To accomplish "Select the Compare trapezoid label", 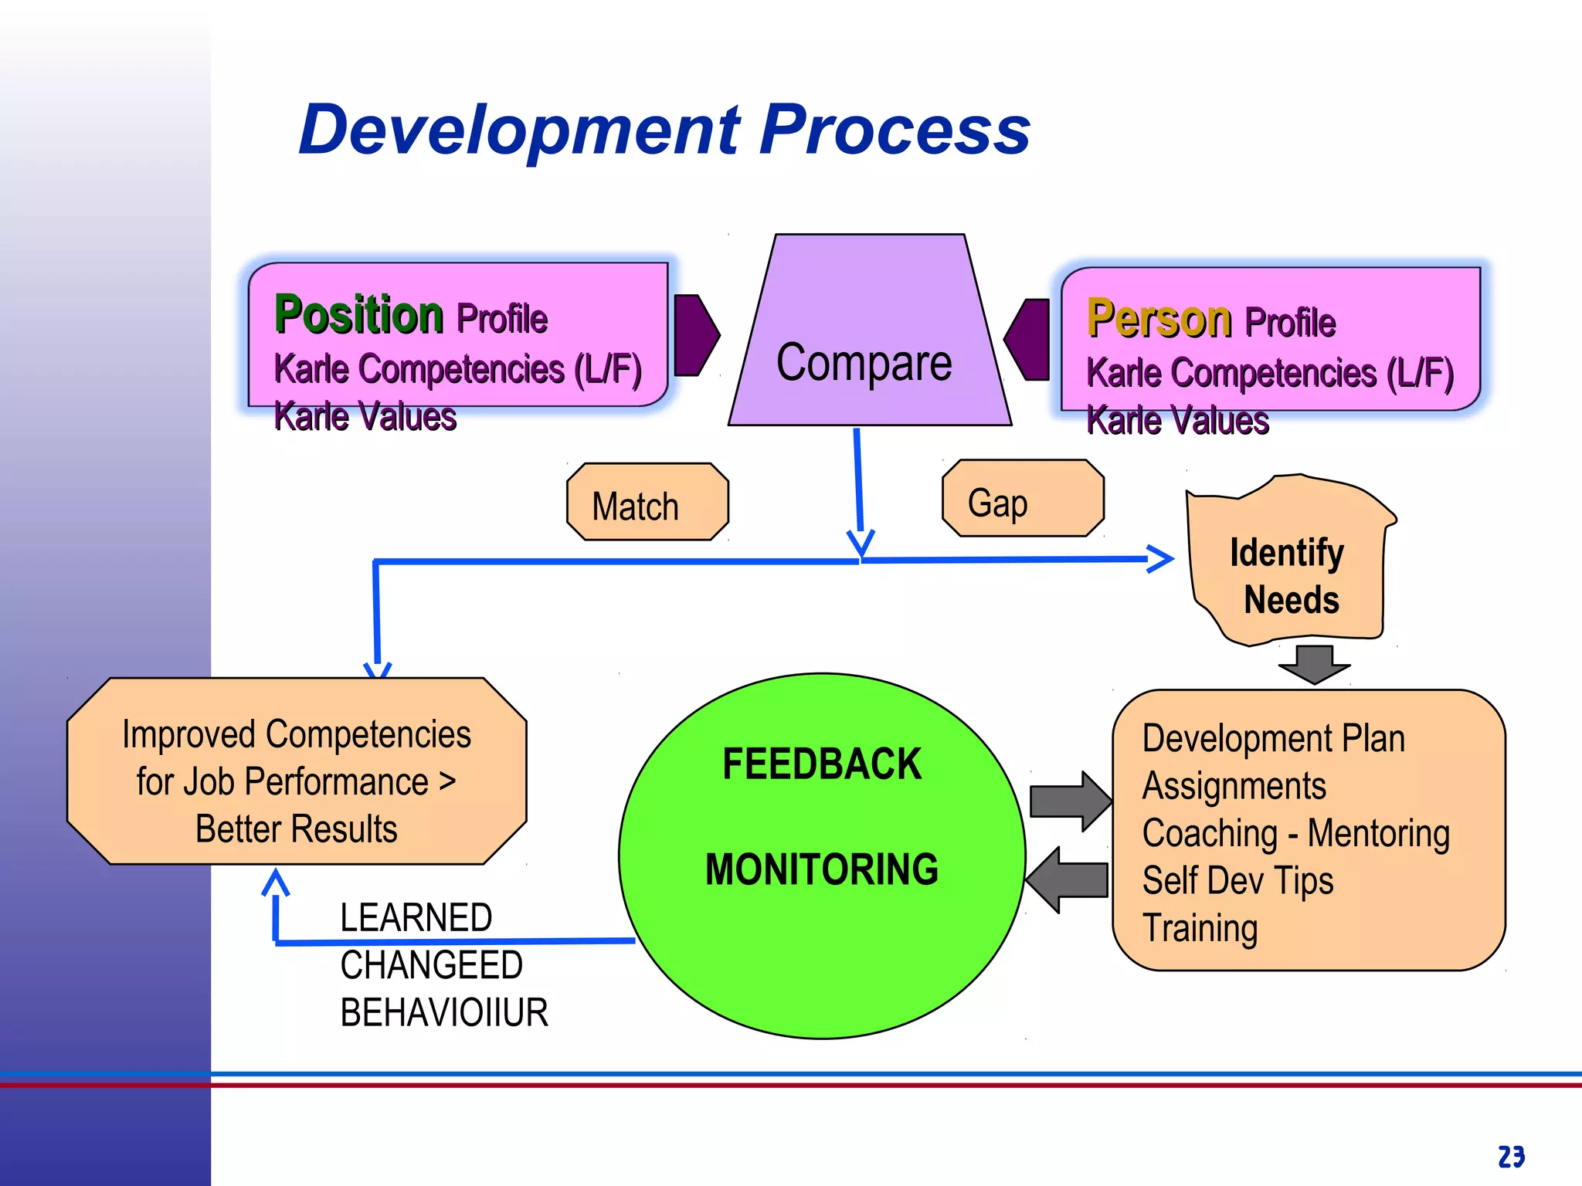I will pyautogui.click(x=864, y=362).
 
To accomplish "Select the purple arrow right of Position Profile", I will pyautogui.click(x=695, y=335).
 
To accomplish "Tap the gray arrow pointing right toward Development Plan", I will pyautogui.click(x=1070, y=801).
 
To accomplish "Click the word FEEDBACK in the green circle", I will pyautogui.click(x=822, y=764).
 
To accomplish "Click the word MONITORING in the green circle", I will pyautogui.click(x=822, y=869).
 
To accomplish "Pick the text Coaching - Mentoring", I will pyautogui.click(x=1295, y=834).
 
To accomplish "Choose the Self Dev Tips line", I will pyautogui.click(x=1237, y=881).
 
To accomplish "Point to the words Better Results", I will pyautogui.click(x=296, y=830).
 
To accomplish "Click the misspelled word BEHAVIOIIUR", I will pyautogui.click(x=444, y=1013).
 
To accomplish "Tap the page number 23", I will pyautogui.click(x=1511, y=1157).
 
